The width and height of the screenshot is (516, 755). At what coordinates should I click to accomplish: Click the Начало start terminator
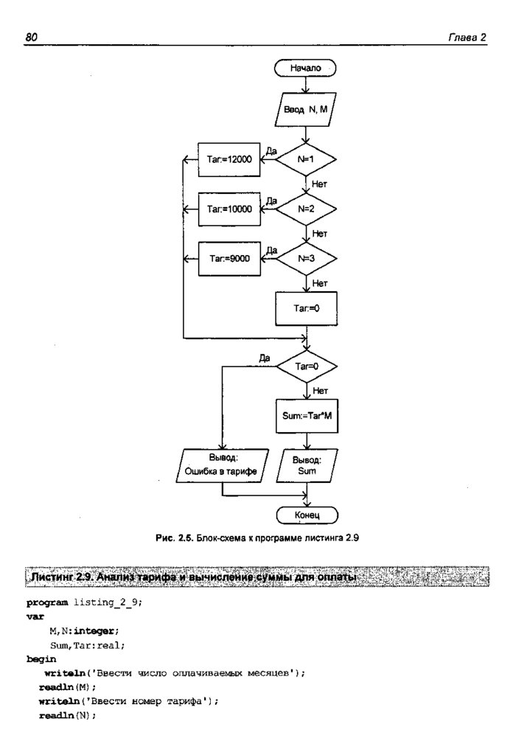pyautogui.click(x=306, y=68)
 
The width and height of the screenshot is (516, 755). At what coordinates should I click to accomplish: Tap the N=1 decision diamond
pyautogui.click(x=306, y=159)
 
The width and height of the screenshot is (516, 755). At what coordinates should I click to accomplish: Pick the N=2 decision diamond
pyautogui.click(x=306, y=209)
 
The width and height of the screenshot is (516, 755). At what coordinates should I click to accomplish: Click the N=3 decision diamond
pyautogui.click(x=306, y=258)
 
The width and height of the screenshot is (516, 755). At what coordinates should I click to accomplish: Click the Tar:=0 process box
pyautogui.click(x=306, y=308)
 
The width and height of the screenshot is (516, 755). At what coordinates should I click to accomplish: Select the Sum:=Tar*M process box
pyautogui.click(x=306, y=415)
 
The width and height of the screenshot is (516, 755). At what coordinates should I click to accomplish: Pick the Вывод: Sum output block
pyautogui.click(x=306, y=465)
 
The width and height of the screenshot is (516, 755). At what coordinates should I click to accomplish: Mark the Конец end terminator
pyautogui.click(x=306, y=514)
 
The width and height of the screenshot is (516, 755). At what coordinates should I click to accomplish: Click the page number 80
pyautogui.click(x=31, y=37)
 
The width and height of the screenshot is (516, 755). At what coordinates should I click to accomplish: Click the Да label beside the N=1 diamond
pyautogui.click(x=271, y=150)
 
